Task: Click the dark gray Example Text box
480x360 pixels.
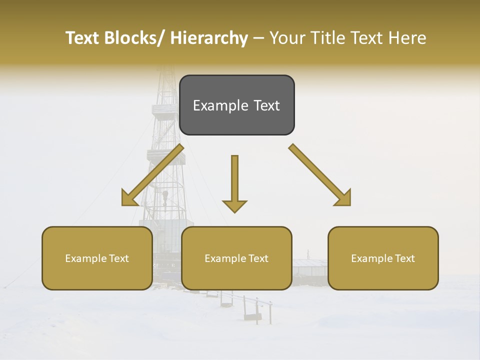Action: click(236, 105)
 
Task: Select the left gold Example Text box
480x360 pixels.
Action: click(97, 258)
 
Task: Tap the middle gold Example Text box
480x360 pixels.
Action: click(236, 258)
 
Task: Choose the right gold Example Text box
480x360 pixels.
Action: click(383, 258)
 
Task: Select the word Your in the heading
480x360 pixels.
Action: click(287, 38)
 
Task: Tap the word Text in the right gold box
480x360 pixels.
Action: click(404, 258)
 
